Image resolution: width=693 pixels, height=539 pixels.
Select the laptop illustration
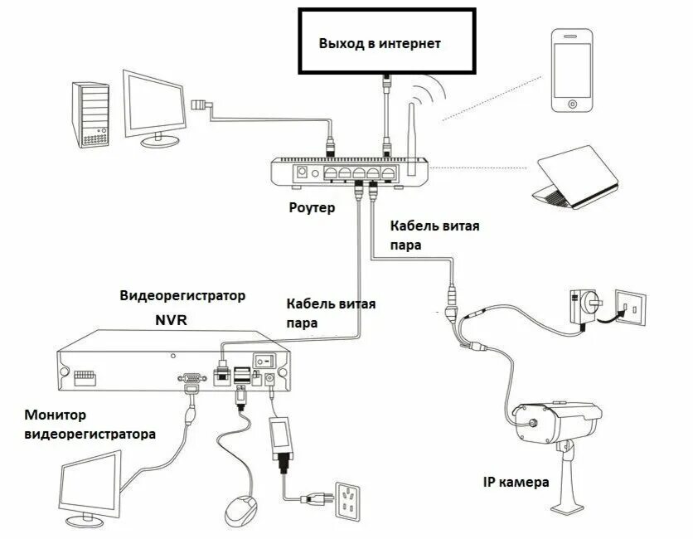[575, 176]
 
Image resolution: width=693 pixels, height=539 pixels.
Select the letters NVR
[171, 318]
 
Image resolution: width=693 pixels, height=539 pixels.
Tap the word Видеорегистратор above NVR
[182, 296]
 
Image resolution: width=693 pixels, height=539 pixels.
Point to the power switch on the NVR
[264, 361]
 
